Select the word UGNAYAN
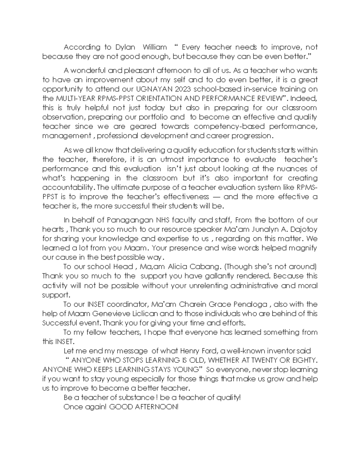pos(151,89)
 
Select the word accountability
pos(68,188)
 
